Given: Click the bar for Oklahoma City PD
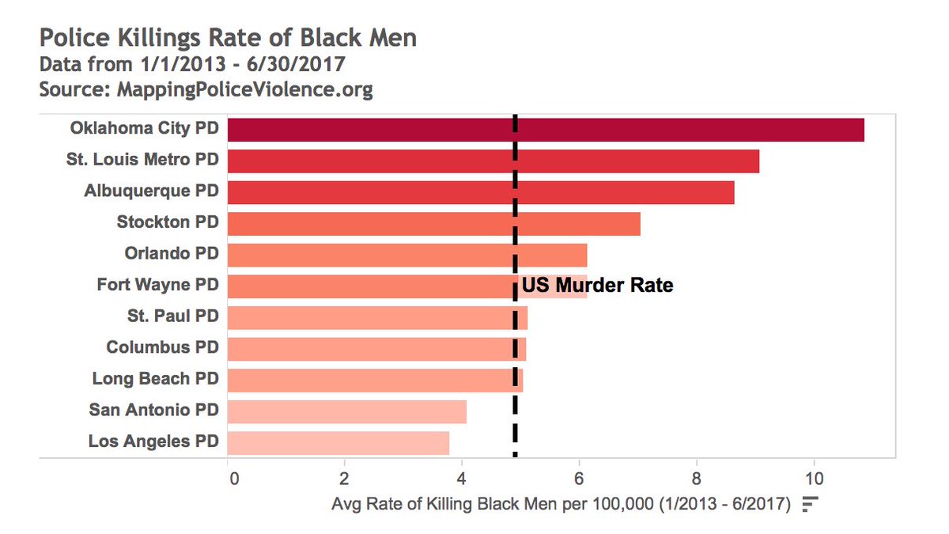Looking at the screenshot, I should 546,129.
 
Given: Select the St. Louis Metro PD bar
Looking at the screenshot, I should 493,161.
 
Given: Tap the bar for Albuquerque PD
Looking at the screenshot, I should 481,192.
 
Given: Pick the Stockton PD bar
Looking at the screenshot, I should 433,223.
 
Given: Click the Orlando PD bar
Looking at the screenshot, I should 407,255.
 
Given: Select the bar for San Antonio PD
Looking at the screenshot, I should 346,411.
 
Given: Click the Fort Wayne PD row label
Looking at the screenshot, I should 157,285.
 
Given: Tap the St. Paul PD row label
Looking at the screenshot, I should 172,316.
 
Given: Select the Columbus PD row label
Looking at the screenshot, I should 162,347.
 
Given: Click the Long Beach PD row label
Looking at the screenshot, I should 155,379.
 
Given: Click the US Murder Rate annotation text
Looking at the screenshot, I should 597,286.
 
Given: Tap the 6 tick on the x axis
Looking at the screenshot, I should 580,479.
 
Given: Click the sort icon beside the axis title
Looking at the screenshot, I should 809,504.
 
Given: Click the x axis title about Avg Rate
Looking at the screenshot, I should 561,504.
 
